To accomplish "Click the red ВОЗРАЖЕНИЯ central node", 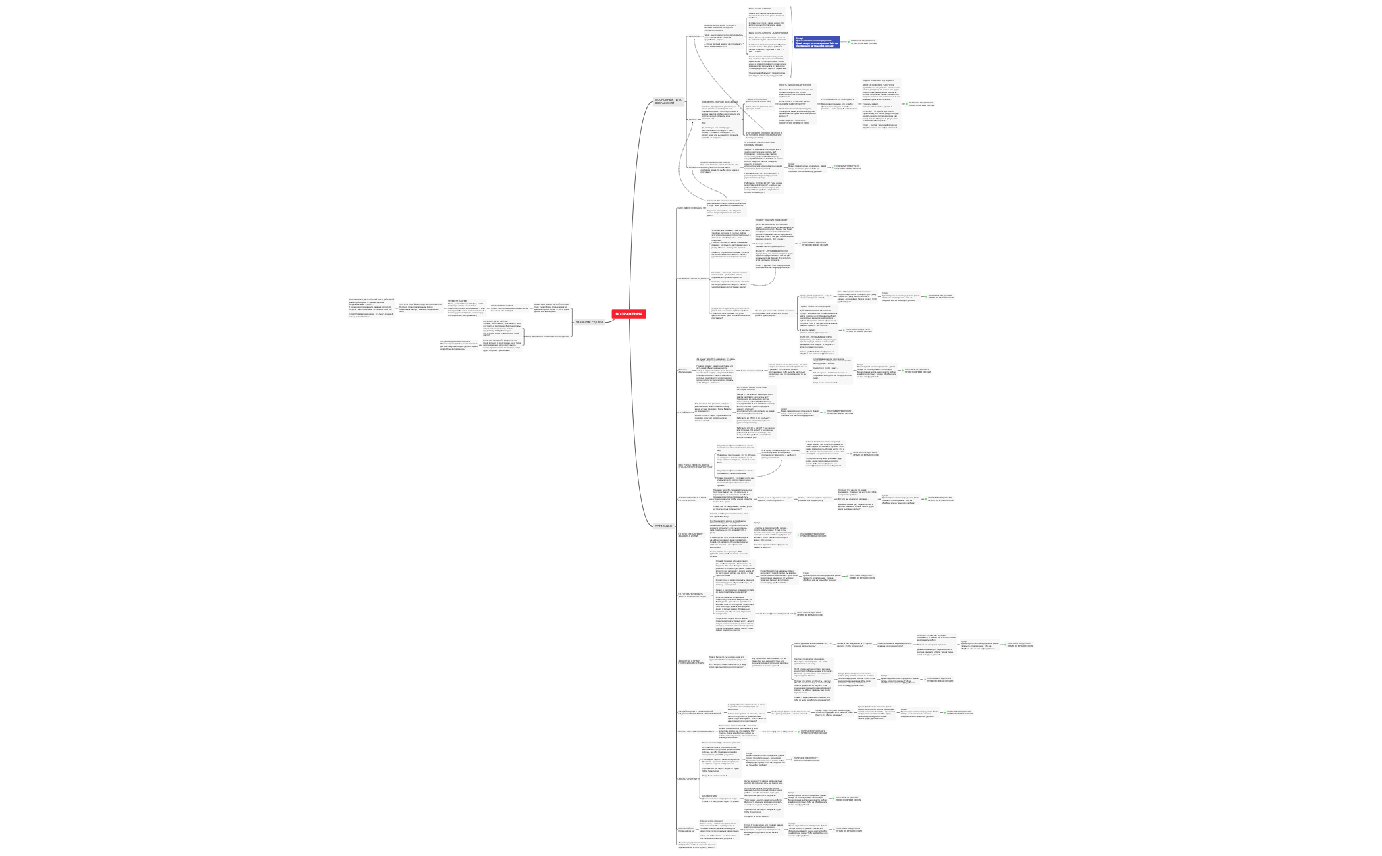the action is coord(628,314).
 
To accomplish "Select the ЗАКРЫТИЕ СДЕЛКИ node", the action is coord(588,322).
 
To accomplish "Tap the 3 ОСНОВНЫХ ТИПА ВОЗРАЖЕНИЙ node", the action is coord(669,101).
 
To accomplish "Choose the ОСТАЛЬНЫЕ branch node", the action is coord(663,526).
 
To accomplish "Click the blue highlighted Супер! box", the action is coord(817,42).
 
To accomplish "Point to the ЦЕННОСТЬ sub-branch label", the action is coord(694,36).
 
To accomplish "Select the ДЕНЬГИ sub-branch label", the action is coord(692,120).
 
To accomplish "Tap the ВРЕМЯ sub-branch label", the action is coord(692,167).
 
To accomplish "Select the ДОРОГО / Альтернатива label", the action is coord(685,371).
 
